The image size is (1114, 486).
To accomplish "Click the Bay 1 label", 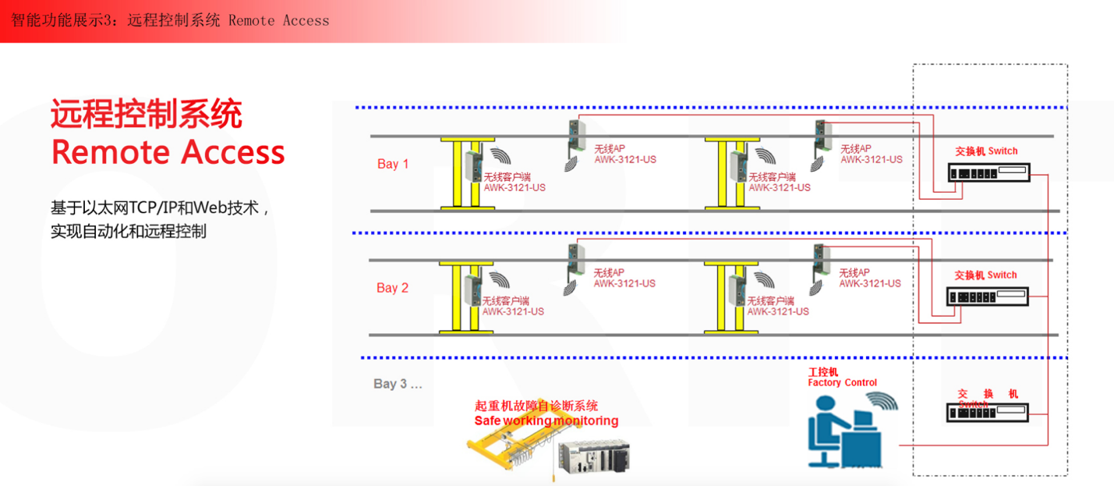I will point(393,164).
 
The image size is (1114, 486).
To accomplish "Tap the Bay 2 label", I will point(393,288).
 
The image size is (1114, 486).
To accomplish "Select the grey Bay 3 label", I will point(398,384).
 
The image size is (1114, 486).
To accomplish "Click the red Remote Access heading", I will point(168,152).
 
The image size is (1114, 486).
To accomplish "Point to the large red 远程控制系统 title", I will point(147,114).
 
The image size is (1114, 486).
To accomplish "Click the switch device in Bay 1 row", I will point(988,172).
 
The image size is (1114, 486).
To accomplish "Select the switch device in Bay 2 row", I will point(988,296).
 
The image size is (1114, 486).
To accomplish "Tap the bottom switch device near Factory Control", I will point(988,413).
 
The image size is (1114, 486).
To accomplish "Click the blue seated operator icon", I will point(843,433).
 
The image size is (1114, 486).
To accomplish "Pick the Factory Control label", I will point(842,383).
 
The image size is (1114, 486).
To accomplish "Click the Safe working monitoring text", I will point(546,421).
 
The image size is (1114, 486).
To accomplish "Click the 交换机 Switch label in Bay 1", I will point(986,151).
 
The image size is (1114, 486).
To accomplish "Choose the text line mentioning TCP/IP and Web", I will point(160,208).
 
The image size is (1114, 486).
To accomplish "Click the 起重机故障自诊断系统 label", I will point(536,406).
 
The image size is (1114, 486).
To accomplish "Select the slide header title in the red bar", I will point(170,20).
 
